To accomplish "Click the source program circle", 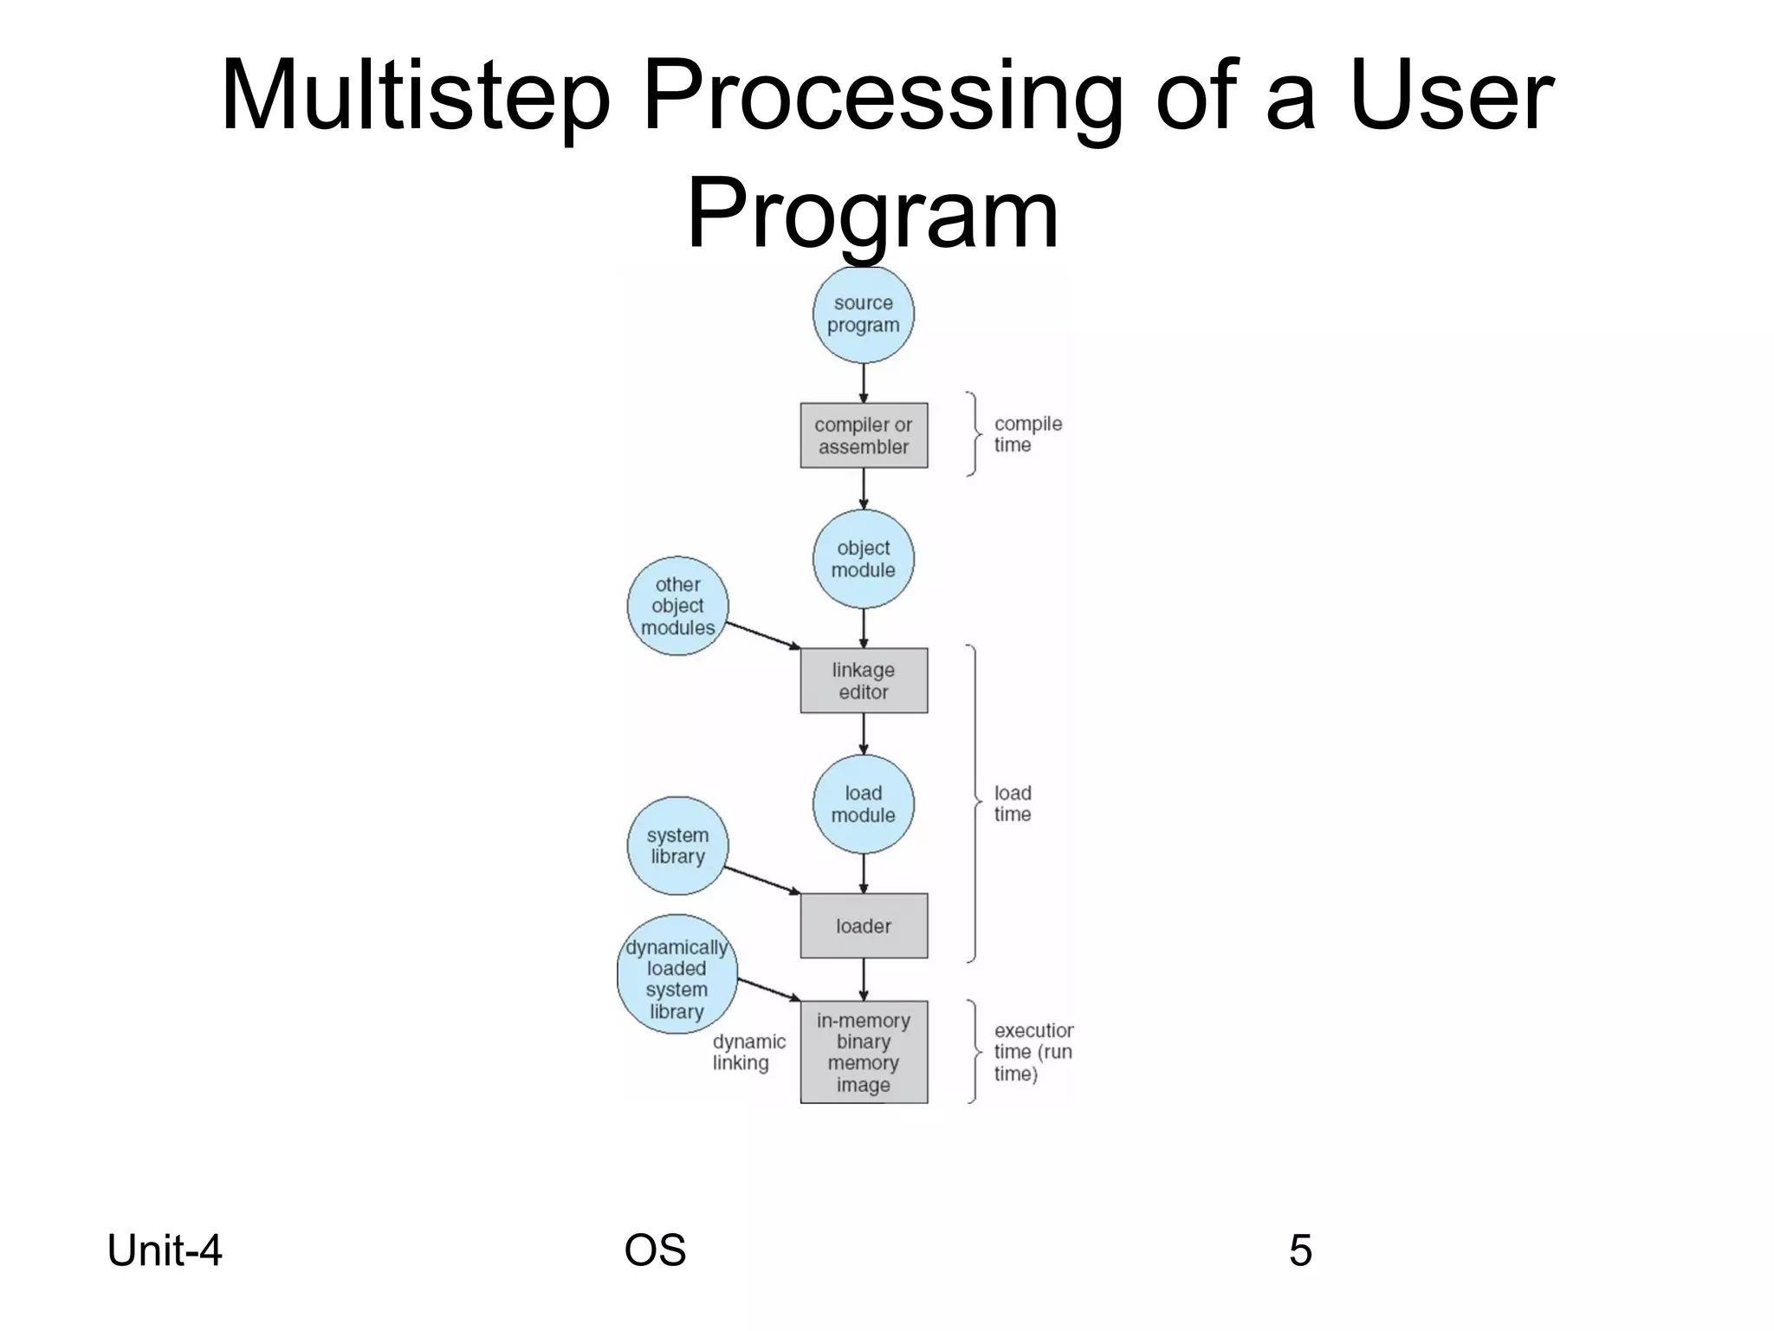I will (863, 315).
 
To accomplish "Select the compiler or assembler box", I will (864, 436).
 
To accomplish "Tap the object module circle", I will (863, 559).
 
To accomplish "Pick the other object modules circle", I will (677, 606).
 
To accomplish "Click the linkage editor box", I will (864, 681).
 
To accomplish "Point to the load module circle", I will (863, 804).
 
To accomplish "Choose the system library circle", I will (677, 846).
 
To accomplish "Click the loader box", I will (864, 925).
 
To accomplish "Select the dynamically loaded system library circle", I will (677, 974).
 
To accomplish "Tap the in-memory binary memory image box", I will (864, 1052).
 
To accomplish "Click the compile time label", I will (1027, 434).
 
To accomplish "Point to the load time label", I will (1013, 803).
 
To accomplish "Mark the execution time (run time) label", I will (1033, 1052).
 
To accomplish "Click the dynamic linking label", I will (748, 1052).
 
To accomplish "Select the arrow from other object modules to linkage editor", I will (762, 635).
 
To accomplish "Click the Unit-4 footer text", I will (165, 1250).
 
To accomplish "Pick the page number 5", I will (1300, 1250).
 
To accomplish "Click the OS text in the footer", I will (655, 1250).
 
